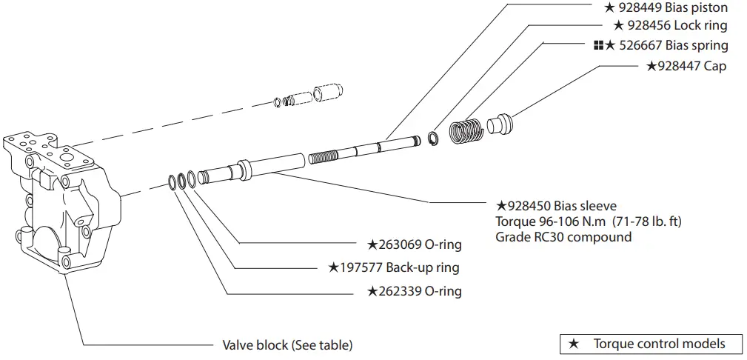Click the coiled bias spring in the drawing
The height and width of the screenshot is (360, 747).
[x=467, y=130]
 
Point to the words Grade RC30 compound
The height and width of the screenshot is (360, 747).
[x=563, y=238]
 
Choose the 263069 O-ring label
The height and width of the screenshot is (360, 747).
[x=415, y=244]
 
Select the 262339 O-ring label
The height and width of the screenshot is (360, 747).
[x=415, y=291]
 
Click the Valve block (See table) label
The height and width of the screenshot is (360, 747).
[x=287, y=345]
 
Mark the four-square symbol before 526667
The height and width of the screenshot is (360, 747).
[x=598, y=46]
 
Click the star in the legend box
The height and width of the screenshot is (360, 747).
[x=573, y=344]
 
